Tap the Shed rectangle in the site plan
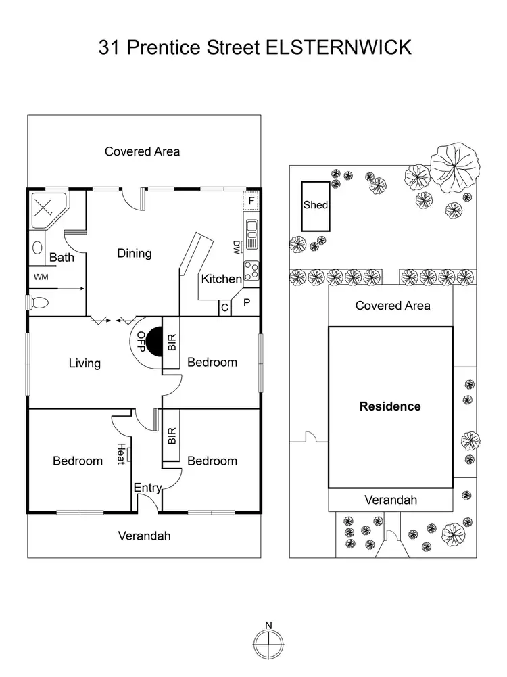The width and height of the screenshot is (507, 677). [316, 206]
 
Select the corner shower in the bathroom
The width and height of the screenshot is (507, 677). [48, 211]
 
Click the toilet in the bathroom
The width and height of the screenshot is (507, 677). [38, 302]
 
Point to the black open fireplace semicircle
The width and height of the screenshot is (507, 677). [153, 342]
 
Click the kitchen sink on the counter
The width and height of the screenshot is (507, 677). [251, 234]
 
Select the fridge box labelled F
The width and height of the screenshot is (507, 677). [251, 201]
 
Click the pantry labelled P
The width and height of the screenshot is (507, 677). [246, 302]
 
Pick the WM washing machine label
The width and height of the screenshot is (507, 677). [41, 277]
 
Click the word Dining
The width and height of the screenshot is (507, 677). [135, 253]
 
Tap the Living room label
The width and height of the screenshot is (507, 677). [84, 363]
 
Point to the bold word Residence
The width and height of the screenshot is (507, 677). [390, 406]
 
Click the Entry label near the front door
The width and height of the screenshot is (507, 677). [147, 488]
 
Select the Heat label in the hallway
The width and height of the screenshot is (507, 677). [121, 454]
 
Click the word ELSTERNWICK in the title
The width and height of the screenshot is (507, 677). [338, 47]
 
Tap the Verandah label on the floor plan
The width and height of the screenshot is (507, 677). [144, 536]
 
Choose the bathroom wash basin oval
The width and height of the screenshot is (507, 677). [38, 248]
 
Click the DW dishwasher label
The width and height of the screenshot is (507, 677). [237, 248]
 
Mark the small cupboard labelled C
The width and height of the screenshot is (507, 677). [224, 308]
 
